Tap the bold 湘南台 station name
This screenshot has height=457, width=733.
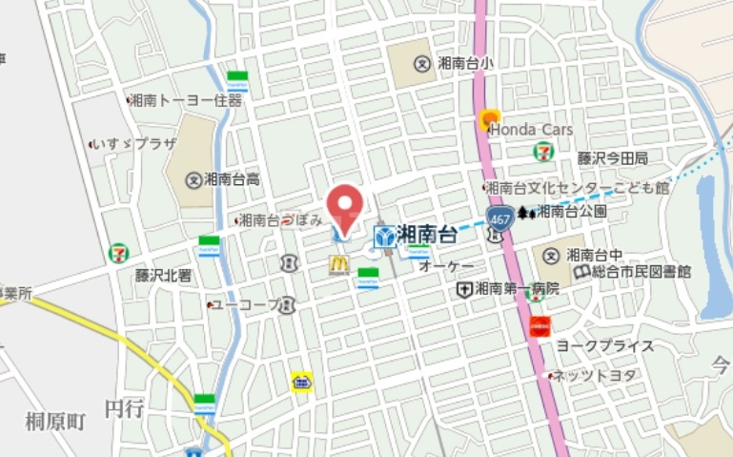[x=426, y=235]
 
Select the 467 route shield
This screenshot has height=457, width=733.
[x=498, y=218]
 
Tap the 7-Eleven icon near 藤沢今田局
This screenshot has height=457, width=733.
[x=542, y=151]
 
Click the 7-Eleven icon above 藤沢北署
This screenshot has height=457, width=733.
[x=119, y=252]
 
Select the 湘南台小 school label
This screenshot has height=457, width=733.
[x=466, y=64]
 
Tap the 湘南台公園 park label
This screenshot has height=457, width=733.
[x=572, y=211]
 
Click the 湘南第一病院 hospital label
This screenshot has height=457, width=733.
[x=516, y=288]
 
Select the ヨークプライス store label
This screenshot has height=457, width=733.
[x=605, y=345]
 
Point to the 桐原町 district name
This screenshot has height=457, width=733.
[x=56, y=420]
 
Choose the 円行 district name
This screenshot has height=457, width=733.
[x=124, y=408]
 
